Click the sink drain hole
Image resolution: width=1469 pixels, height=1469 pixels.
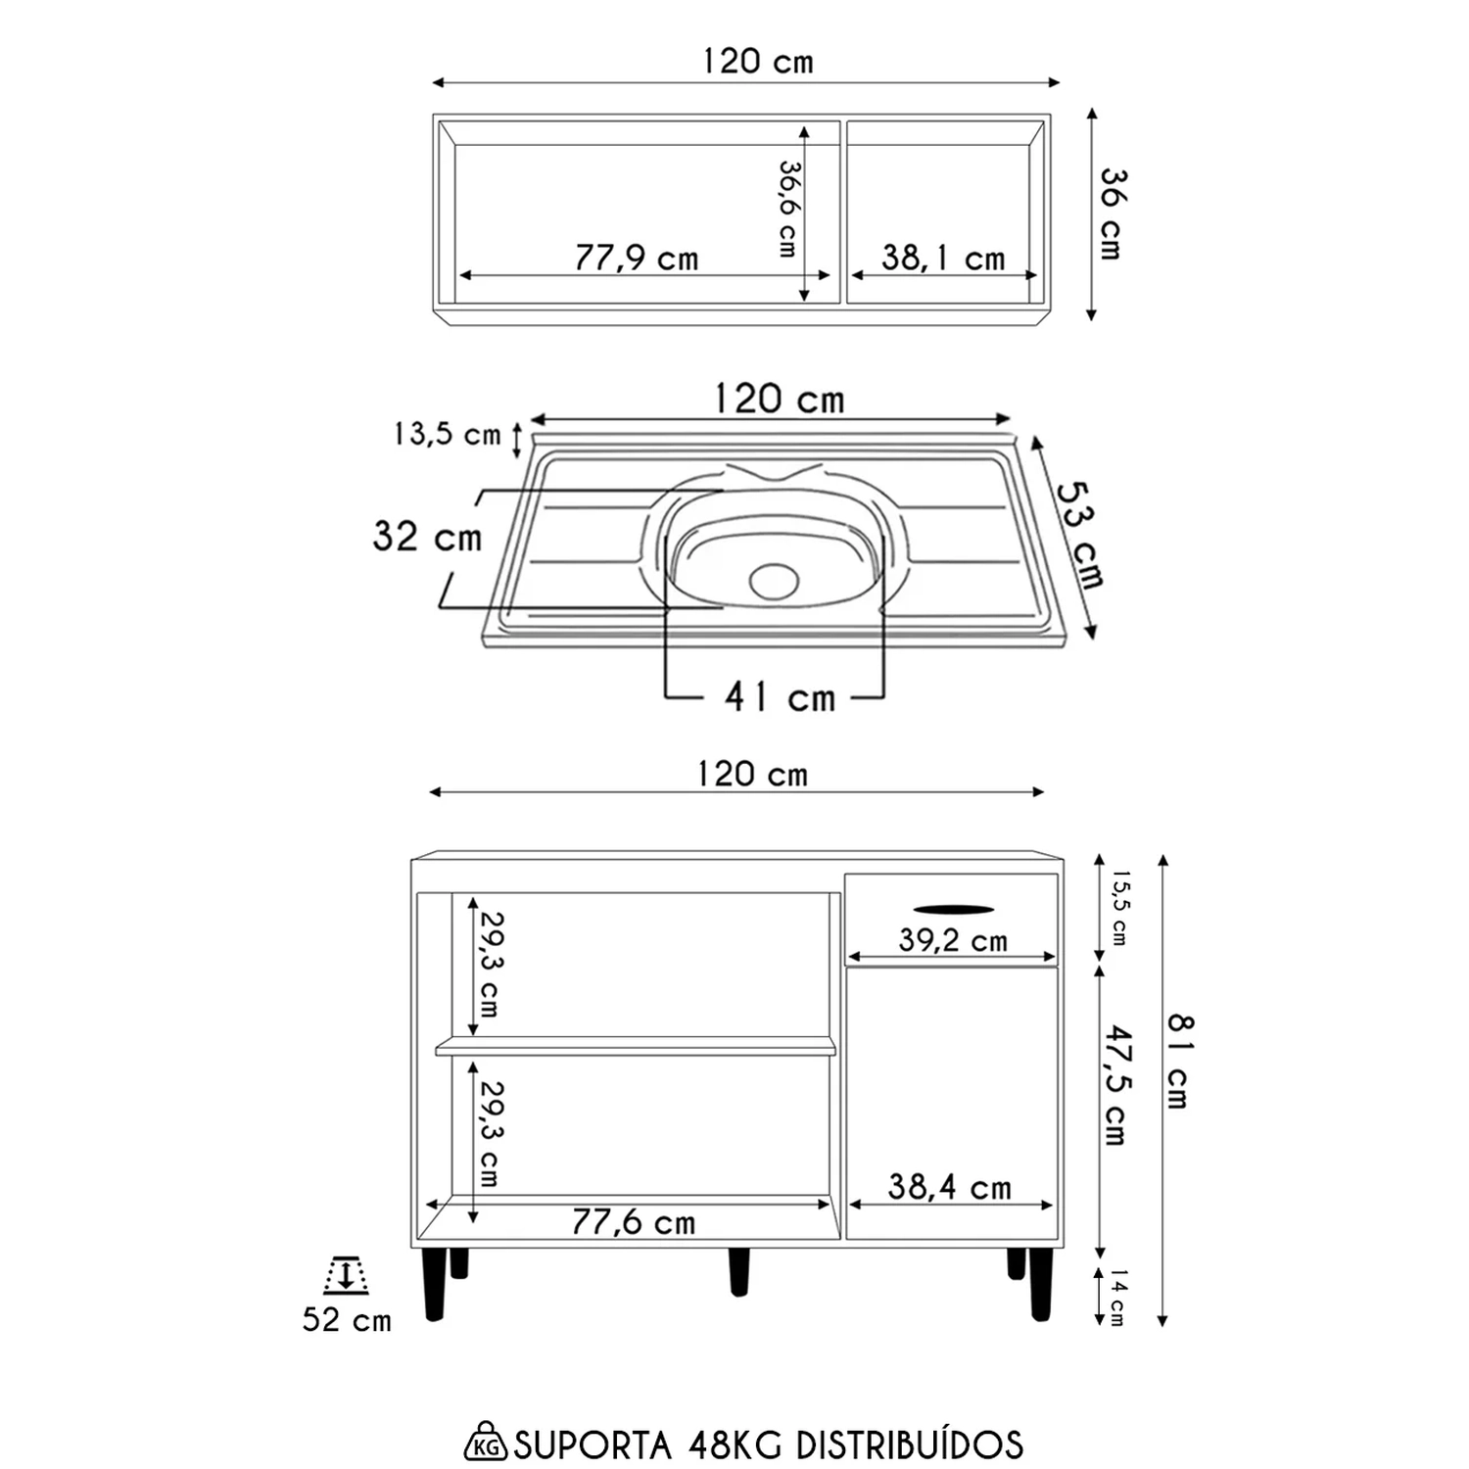pyautogui.click(x=774, y=581)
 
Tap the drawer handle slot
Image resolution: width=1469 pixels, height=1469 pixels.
pyautogui.click(x=953, y=910)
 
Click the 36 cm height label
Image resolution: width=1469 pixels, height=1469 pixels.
pyautogui.click(x=1114, y=213)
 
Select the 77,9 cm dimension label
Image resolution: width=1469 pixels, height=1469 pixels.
pyautogui.click(x=637, y=258)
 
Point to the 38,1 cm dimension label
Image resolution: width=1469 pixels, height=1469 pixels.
pyautogui.click(x=943, y=258)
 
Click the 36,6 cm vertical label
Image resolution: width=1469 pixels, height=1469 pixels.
pyautogui.click(x=787, y=209)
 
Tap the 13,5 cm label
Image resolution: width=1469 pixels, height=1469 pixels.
pyautogui.click(x=448, y=434)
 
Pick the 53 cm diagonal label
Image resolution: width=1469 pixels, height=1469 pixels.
pyautogui.click(x=1080, y=535)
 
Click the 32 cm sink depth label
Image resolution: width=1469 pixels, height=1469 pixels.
pyautogui.click(x=427, y=537)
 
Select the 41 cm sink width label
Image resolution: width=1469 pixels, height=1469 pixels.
pyautogui.click(x=781, y=697)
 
